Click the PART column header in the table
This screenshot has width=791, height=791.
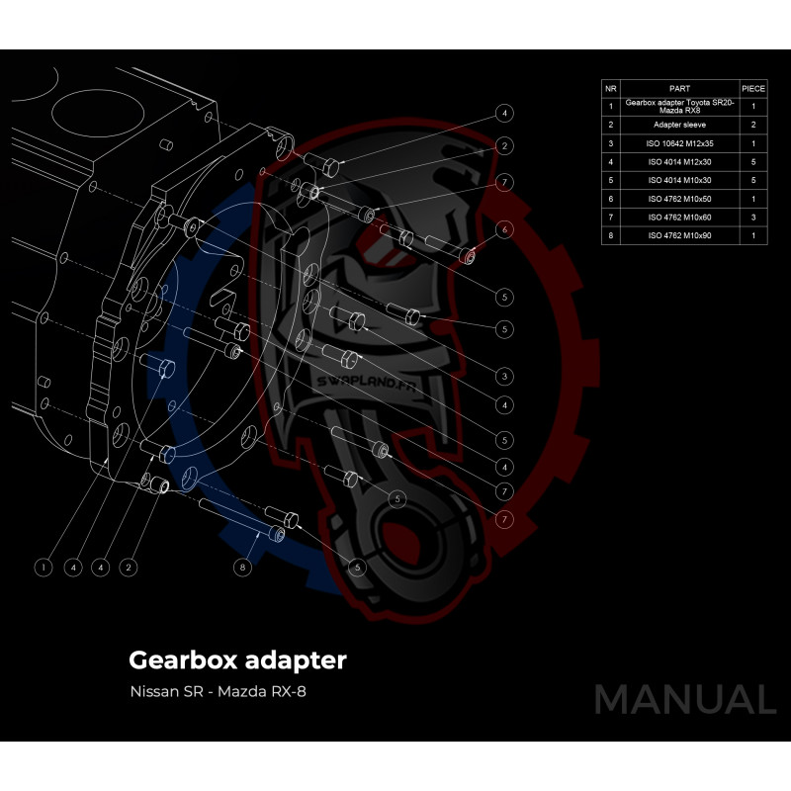(679, 88)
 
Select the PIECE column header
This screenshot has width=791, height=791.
(753, 88)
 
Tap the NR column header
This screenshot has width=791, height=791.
(611, 88)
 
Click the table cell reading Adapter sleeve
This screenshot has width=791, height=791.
(679, 125)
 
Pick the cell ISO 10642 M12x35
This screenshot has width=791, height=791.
(679, 143)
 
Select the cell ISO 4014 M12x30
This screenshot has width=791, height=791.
(679, 161)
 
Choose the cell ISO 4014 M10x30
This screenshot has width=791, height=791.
(679, 180)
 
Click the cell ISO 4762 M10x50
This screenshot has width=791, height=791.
(679, 199)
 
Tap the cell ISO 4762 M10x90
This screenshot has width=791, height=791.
(679, 235)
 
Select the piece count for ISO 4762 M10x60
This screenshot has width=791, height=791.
(753, 217)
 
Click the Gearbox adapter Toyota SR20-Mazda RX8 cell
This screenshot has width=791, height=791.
(679, 105)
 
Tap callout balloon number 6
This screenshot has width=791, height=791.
(504, 229)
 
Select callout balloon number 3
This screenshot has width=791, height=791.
(504, 376)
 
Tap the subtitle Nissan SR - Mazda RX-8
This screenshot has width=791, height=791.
(218, 691)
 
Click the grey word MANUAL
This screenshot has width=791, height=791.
(684, 699)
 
